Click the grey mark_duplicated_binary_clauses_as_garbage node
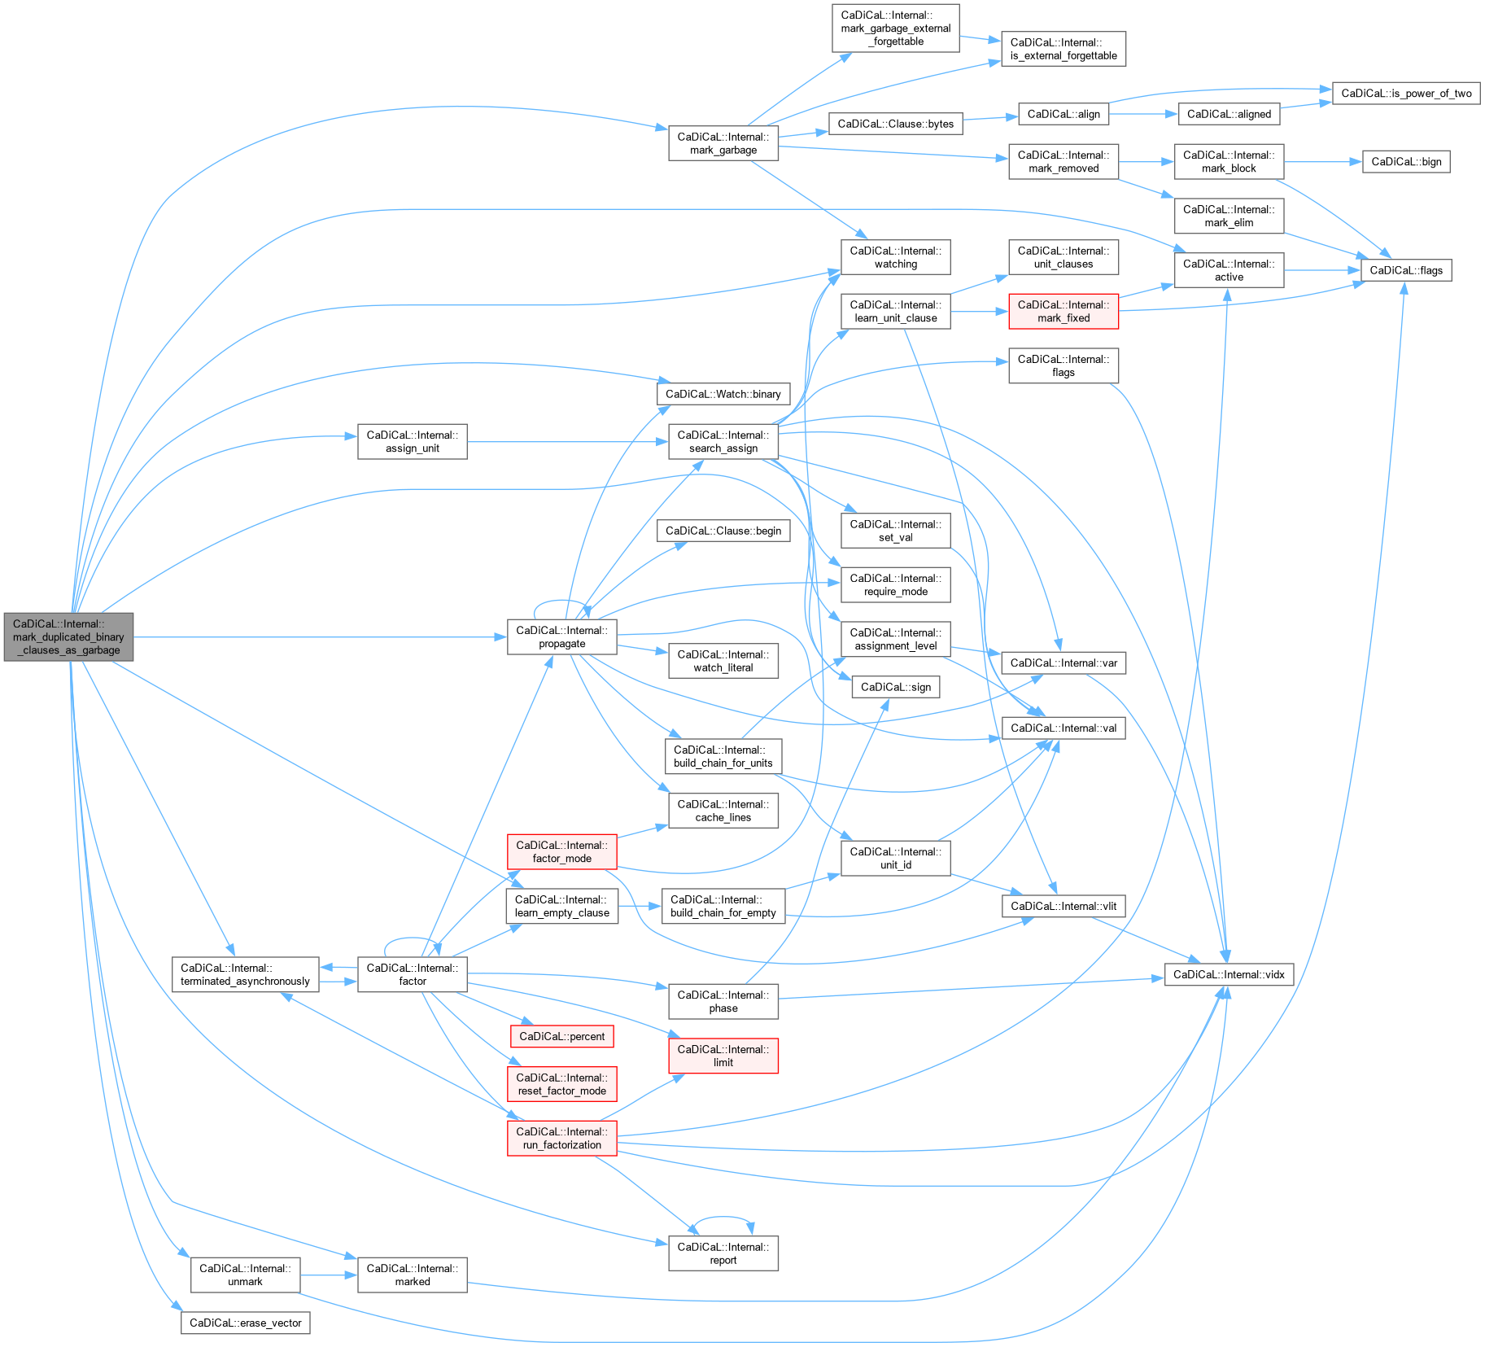(x=68, y=636)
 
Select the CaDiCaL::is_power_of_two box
(x=1405, y=93)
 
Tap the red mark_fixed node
(x=1063, y=312)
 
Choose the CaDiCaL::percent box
(x=561, y=1036)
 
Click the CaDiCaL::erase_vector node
(x=245, y=1323)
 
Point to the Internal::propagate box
(x=561, y=636)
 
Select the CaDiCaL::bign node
(x=1405, y=161)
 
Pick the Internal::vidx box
(x=1228, y=974)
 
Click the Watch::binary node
(x=723, y=394)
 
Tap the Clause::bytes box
(x=895, y=124)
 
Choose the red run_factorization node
(x=561, y=1138)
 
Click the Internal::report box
(x=723, y=1253)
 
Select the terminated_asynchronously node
(x=245, y=974)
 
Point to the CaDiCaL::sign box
(x=895, y=687)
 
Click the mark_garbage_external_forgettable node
(x=895, y=28)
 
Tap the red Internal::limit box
(x=723, y=1056)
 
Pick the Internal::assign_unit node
(x=412, y=441)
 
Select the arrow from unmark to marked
(x=329, y=1275)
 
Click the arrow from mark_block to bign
(x=1322, y=162)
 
